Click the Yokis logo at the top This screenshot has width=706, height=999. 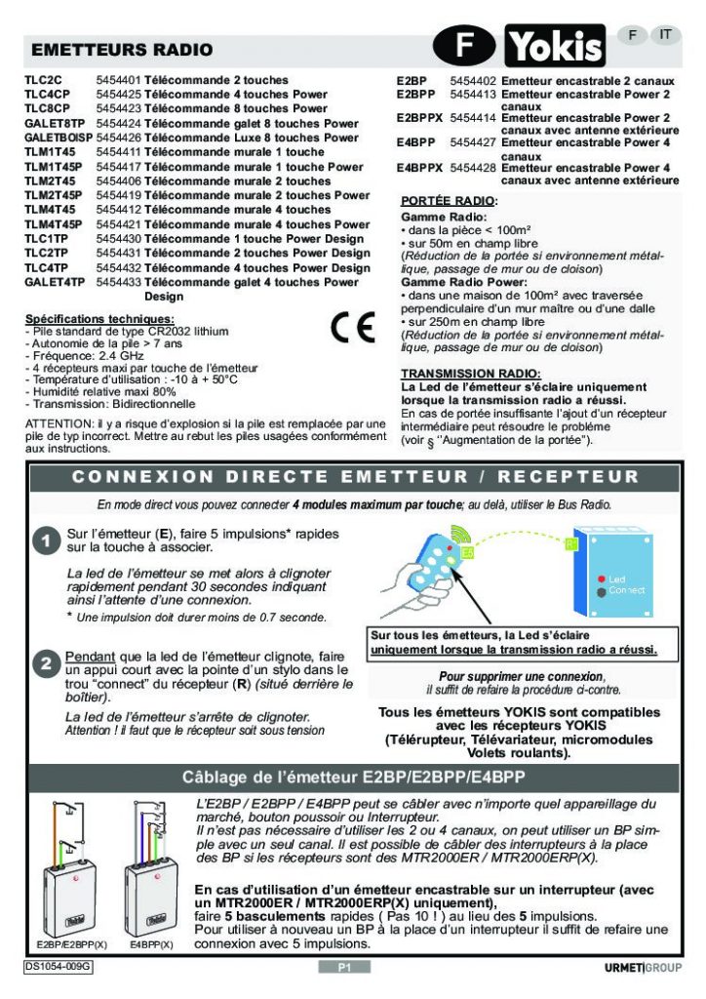[x=554, y=46]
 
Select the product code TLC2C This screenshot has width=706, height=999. [x=43, y=80]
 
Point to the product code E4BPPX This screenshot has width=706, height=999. [x=420, y=169]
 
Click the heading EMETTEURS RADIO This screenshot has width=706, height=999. [x=123, y=50]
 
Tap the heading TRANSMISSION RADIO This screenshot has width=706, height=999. [x=470, y=374]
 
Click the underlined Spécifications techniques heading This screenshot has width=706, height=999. [x=99, y=319]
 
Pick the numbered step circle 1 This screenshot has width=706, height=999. [x=46, y=543]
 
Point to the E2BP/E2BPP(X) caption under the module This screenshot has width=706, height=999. [x=73, y=945]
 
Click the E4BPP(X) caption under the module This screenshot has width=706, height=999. [x=151, y=945]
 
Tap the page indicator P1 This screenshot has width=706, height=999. [x=344, y=967]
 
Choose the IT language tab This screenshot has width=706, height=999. [x=665, y=34]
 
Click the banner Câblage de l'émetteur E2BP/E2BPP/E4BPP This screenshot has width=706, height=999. [x=353, y=778]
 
